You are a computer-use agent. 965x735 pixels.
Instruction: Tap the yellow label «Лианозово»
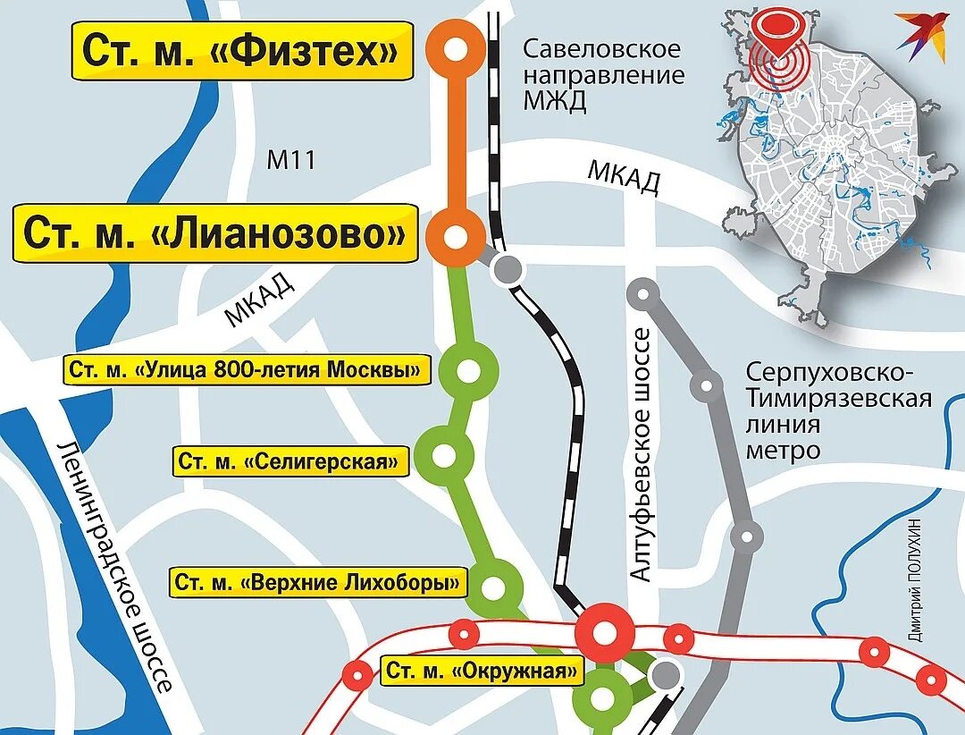214,234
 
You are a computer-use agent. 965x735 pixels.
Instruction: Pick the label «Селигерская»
290,461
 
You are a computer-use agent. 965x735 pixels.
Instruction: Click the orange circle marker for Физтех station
456,50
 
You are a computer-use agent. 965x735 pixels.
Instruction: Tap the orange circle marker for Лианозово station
456,238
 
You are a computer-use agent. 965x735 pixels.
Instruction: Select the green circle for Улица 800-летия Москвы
468,370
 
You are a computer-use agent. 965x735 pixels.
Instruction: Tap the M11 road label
292,161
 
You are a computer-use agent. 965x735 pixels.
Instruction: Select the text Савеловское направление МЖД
602,74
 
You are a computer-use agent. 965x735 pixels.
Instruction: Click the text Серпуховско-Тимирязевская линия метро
837,410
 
